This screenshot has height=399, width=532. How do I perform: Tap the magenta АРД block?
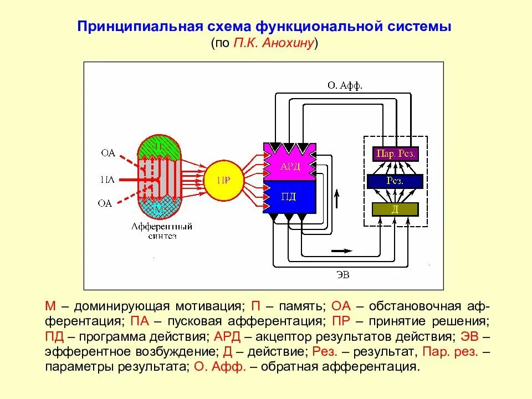(290, 164)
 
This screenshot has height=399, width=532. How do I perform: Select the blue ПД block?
(290, 197)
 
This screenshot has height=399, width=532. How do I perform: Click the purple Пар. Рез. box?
(396, 153)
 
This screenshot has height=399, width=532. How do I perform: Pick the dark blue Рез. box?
(395, 181)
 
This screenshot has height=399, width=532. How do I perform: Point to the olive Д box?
(395, 209)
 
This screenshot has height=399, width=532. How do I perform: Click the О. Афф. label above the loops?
(345, 85)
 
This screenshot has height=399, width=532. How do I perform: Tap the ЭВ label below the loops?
(344, 273)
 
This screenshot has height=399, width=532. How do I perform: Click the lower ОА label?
(105, 203)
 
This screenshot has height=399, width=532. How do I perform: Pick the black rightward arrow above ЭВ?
(341, 250)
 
